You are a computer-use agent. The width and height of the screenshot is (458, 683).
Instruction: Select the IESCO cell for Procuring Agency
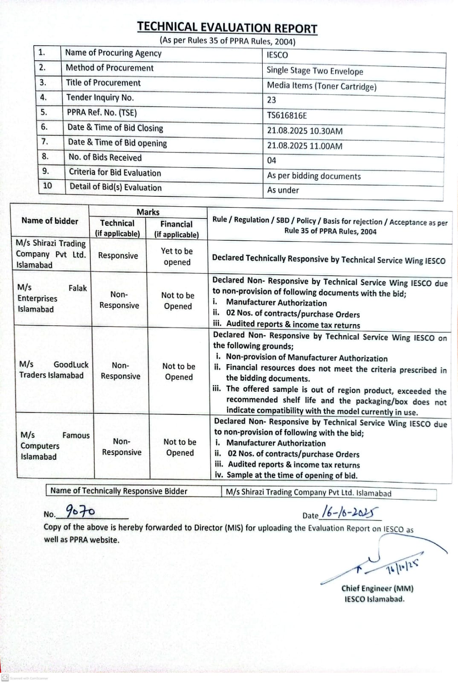click(277, 55)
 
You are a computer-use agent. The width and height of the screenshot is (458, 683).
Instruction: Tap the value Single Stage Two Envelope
click(315, 71)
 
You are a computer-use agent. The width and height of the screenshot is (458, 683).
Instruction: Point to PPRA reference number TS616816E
click(287, 116)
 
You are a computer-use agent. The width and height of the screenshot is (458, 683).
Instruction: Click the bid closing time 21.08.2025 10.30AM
click(304, 131)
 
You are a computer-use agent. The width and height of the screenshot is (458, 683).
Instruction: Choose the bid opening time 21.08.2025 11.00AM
click(304, 146)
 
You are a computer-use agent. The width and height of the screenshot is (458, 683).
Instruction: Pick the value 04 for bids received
click(272, 161)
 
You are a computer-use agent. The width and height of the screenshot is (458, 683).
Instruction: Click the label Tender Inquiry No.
click(100, 98)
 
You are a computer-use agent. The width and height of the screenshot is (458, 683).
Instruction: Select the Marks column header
click(148, 212)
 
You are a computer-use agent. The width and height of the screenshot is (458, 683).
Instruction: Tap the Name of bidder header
click(50, 221)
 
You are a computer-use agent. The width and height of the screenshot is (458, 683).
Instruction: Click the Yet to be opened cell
click(177, 257)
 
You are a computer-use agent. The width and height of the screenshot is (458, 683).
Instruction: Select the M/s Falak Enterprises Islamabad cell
click(52, 298)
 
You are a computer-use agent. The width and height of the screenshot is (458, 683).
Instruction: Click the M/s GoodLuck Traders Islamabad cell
click(54, 370)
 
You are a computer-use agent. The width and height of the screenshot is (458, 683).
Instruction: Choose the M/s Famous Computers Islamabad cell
click(55, 446)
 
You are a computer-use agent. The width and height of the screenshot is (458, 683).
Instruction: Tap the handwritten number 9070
click(80, 511)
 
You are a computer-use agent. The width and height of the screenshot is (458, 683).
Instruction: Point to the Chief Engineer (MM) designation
click(377, 588)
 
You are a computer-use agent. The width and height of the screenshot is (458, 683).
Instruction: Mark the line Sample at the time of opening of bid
click(292, 475)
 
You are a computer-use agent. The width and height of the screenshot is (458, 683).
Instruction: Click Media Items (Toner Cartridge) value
click(322, 86)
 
